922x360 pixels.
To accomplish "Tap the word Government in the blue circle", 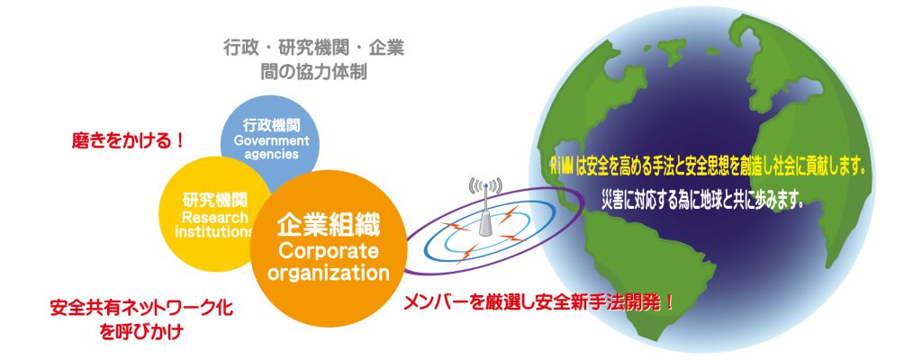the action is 271,141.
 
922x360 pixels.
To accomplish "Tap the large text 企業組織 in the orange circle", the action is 329,225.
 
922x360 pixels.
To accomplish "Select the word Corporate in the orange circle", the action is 329,251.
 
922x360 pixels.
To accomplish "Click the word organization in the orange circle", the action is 329,273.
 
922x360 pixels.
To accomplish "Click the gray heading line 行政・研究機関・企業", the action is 313,49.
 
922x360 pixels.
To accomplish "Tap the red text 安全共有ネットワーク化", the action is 141,308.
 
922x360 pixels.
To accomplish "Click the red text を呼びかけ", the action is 141,332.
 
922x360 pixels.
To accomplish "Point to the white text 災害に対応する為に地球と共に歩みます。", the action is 702,201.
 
